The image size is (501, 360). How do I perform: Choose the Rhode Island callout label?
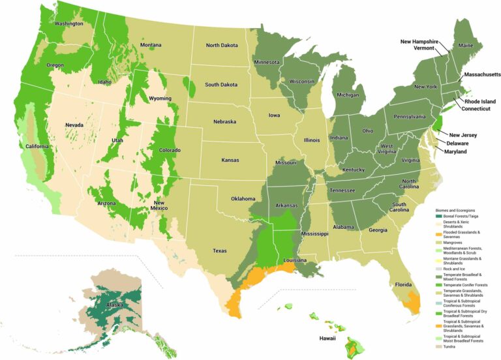click(x=479, y=101)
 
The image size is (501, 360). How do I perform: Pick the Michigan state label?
click(x=348, y=95)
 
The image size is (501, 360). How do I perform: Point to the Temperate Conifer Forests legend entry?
click(x=466, y=285)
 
